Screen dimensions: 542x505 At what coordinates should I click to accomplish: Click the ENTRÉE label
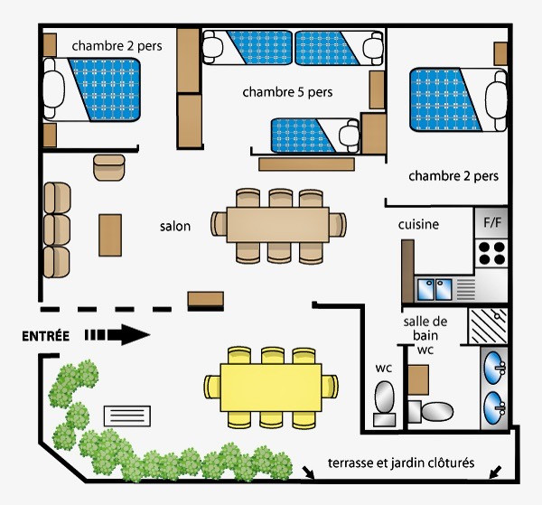point(46,336)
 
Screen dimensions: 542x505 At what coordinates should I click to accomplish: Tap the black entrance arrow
point(117,334)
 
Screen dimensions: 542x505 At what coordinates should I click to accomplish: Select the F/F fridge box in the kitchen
point(492,222)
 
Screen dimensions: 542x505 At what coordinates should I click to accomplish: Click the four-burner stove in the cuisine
point(491,253)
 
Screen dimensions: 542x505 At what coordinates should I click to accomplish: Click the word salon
point(175,227)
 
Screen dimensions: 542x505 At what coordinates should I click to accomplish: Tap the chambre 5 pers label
point(287,92)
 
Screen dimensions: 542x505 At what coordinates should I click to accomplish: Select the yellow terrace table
point(271,388)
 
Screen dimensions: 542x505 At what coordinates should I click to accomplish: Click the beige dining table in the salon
point(278,225)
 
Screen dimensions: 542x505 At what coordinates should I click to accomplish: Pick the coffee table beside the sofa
point(110,235)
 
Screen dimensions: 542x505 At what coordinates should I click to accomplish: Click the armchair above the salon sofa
point(109,168)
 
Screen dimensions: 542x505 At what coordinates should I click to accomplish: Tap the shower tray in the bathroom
point(488,326)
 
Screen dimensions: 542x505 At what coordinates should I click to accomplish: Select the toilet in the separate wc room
point(385,404)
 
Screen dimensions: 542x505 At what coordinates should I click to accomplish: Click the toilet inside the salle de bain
point(431,411)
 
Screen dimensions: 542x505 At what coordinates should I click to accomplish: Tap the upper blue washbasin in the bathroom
point(494,368)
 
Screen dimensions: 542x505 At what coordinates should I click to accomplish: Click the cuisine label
point(418,225)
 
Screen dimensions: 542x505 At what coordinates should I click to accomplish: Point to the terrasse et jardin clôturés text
point(401,463)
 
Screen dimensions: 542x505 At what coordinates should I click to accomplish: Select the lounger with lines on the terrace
point(127,416)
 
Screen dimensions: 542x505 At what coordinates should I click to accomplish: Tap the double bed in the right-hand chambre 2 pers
point(458,99)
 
